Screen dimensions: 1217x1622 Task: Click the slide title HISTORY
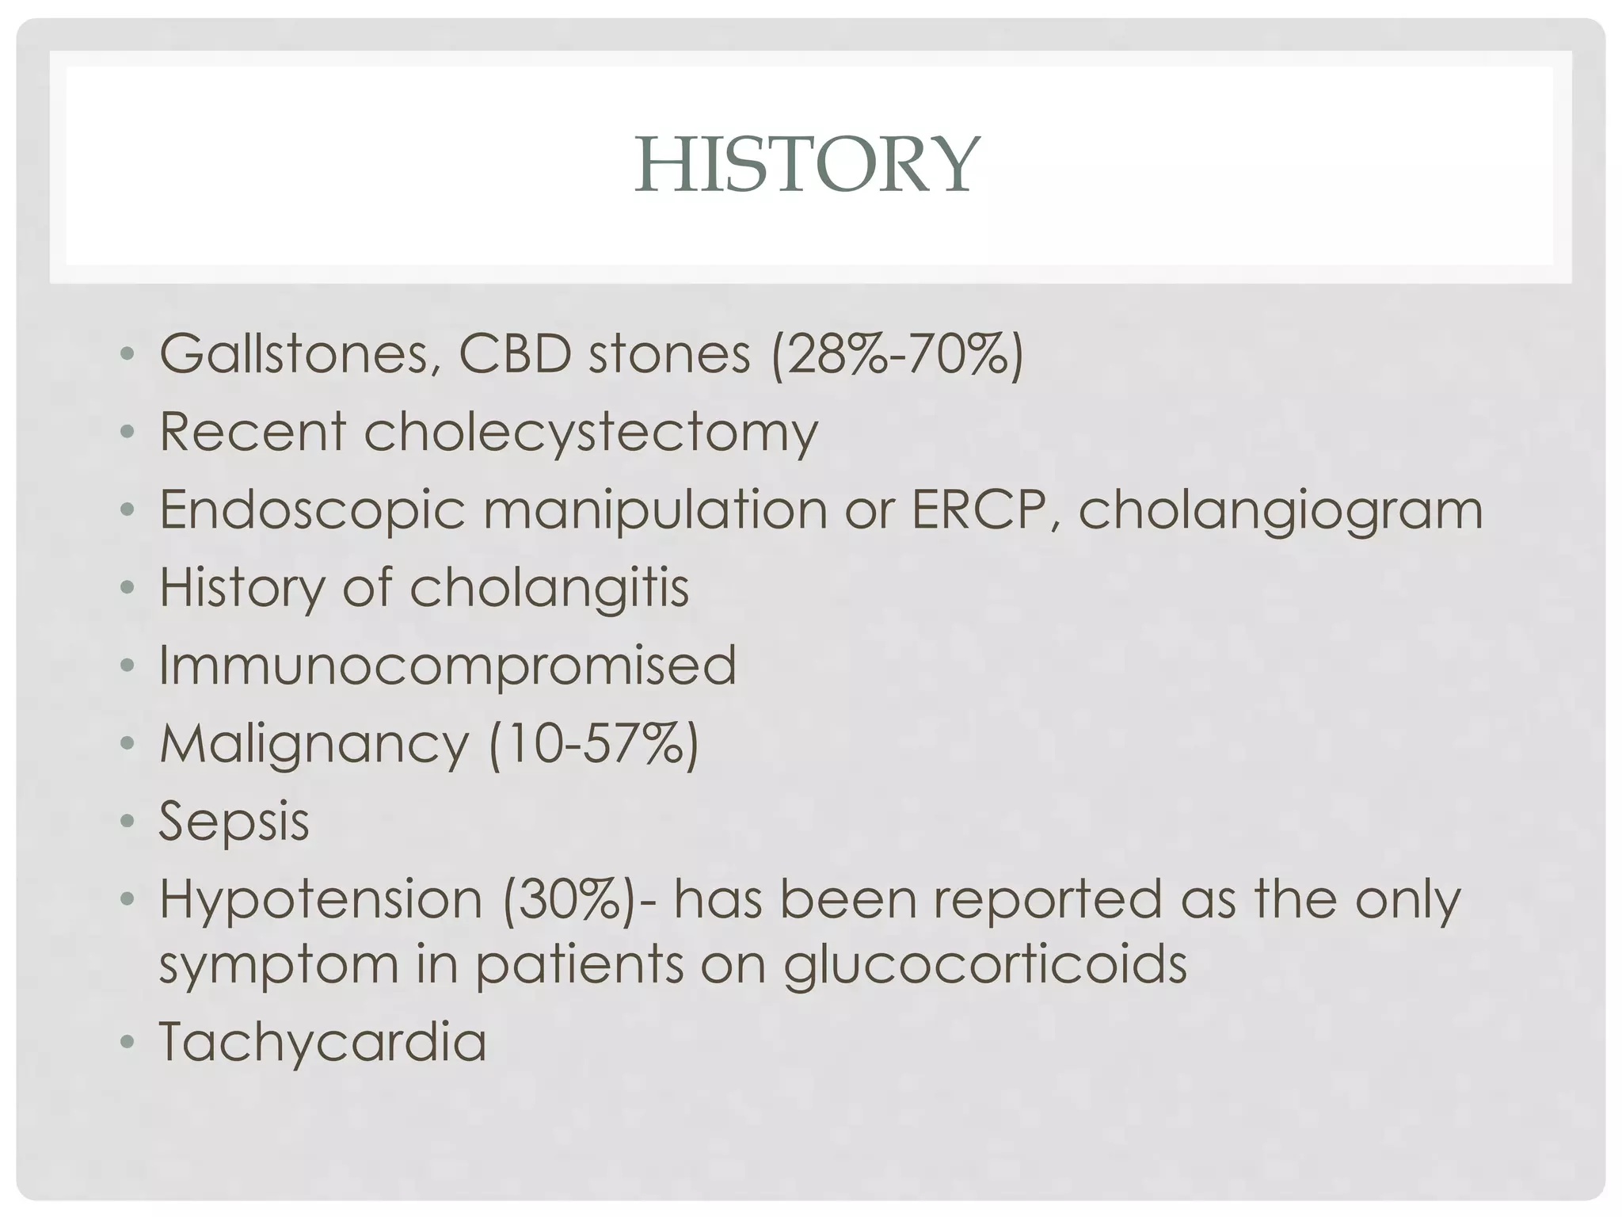tap(807, 165)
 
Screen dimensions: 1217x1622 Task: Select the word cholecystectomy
tap(591, 433)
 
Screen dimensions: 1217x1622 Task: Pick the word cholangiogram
tap(1280, 510)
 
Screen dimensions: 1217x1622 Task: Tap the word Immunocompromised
tap(448, 665)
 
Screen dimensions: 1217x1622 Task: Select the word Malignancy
tap(314, 744)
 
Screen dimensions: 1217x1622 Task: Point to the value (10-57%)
tap(594, 743)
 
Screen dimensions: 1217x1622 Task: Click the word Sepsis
tap(234, 821)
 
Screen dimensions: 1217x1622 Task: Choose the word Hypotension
tap(321, 899)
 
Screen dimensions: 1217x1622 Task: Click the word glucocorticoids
tap(985, 965)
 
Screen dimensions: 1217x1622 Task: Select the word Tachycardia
tap(322, 1041)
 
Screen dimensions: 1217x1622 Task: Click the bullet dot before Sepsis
tap(127, 822)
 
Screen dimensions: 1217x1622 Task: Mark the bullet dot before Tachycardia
tap(127, 1043)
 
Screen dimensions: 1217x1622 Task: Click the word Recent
tap(252, 433)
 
